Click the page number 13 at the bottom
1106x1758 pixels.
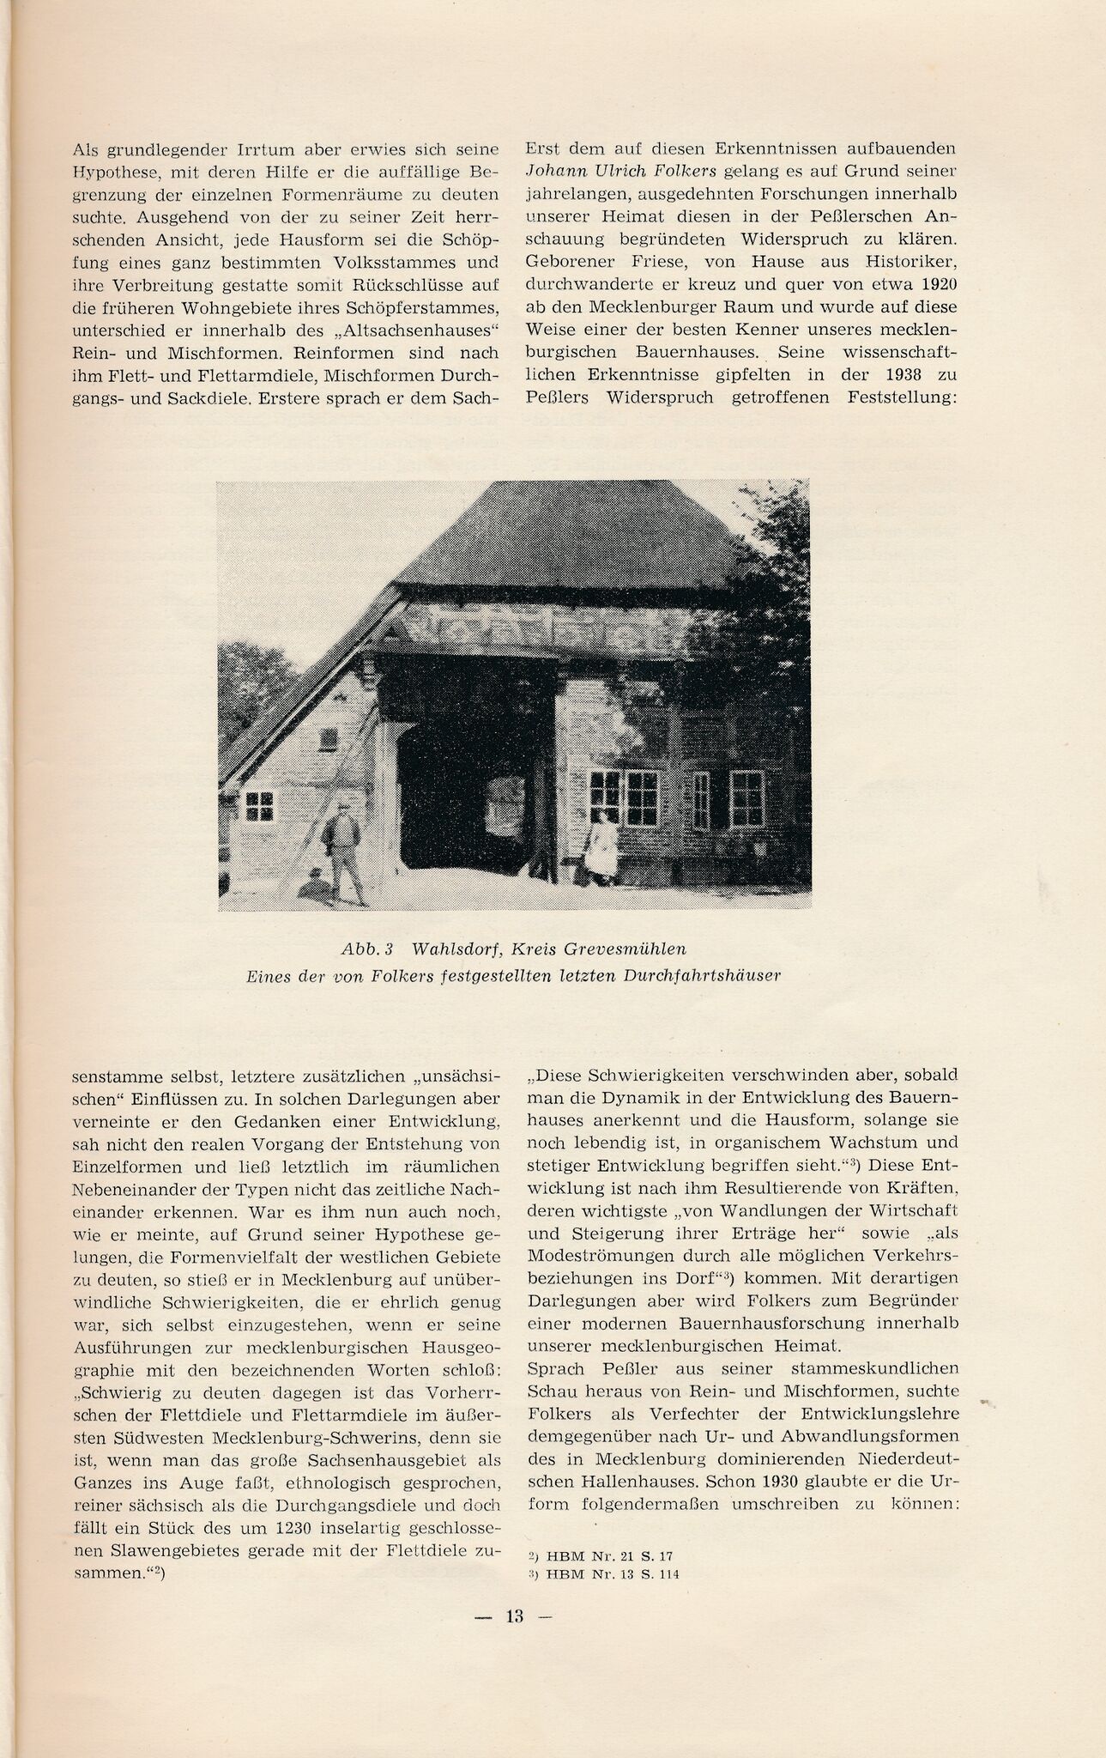pyautogui.click(x=514, y=1616)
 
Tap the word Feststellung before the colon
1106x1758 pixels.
pyautogui.click(x=897, y=398)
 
